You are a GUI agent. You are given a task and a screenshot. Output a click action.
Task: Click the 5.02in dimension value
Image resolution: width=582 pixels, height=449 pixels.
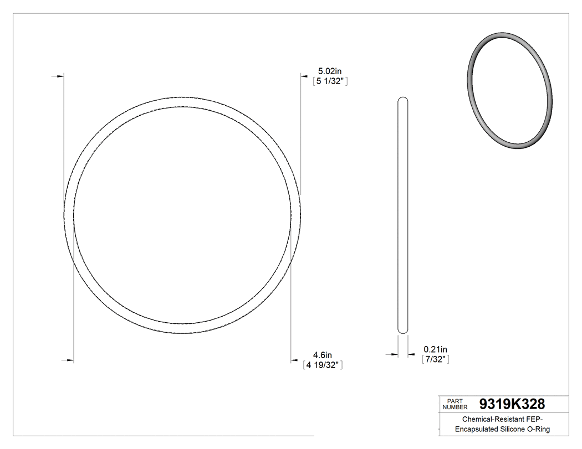tap(329, 71)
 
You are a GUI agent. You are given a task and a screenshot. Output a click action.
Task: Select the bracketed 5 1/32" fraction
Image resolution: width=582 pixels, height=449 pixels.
tap(330, 81)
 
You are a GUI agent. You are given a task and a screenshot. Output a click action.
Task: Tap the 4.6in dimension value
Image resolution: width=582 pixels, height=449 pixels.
tap(322, 355)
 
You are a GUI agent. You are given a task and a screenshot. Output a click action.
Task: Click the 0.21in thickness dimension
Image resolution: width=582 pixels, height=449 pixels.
tap(435, 349)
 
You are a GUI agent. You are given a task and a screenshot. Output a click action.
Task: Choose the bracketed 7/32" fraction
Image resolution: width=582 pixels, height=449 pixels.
tap(435, 359)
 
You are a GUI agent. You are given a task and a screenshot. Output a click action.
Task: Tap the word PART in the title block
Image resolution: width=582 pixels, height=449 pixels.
tap(454, 401)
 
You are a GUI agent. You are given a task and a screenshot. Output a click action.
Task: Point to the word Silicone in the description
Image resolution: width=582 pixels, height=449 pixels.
tap(513, 430)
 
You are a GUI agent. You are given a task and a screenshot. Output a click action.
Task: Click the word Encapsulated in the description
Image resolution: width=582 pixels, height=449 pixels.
tap(477, 430)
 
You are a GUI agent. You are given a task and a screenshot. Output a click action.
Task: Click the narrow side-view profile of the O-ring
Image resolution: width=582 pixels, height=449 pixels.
tap(403, 216)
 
